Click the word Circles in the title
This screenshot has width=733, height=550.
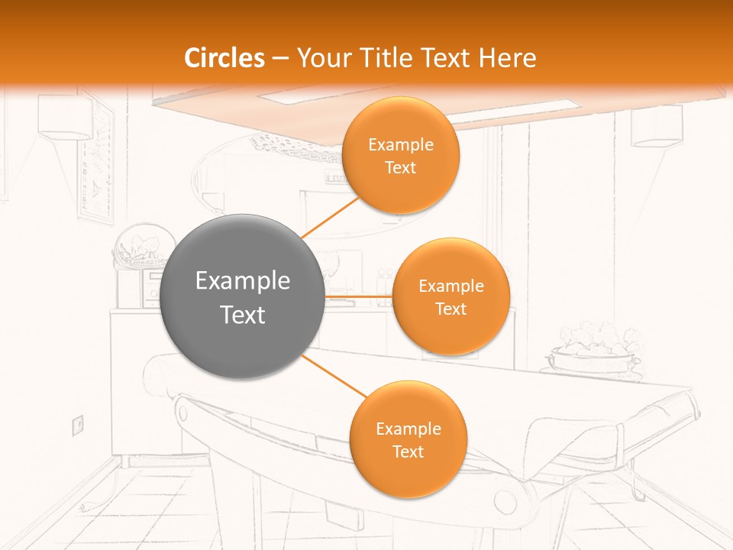(x=224, y=58)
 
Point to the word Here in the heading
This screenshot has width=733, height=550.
(x=509, y=58)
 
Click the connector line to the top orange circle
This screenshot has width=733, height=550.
(x=330, y=217)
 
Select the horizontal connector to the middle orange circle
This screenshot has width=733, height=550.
(x=359, y=296)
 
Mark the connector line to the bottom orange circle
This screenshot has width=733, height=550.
(x=334, y=376)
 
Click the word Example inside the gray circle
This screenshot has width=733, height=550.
(x=243, y=281)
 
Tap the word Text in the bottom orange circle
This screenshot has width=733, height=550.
(x=408, y=452)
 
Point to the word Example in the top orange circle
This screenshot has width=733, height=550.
(x=400, y=145)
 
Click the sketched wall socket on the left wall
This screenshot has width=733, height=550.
(x=77, y=424)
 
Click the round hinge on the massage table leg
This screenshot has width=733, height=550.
(x=505, y=500)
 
